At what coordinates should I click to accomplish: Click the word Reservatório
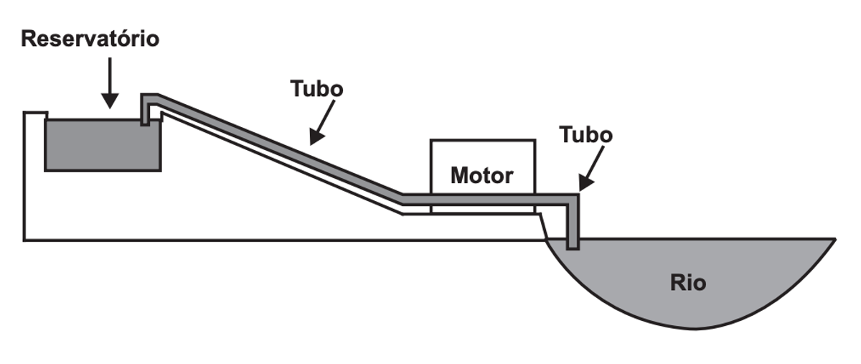[x=90, y=39]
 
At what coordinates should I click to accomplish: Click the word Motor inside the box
[x=481, y=175]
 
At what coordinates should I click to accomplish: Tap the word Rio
[x=688, y=283]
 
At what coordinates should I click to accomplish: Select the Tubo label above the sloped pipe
[x=316, y=89]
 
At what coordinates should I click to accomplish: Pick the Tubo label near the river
[x=585, y=135]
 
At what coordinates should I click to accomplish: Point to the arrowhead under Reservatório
[x=110, y=101]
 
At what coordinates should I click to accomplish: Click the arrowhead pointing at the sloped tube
[x=316, y=137]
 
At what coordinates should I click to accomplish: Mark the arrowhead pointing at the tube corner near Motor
[x=585, y=183]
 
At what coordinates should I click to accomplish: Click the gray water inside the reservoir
[x=103, y=145]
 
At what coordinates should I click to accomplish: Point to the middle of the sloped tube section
[x=280, y=148]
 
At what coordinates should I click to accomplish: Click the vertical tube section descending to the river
[x=573, y=221]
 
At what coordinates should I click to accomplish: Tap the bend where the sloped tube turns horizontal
[x=403, y=199]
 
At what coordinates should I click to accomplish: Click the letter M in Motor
[x=459, y=175]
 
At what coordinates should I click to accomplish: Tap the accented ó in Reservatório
[x=136, y=39]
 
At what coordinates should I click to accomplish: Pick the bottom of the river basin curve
[x=695, y=329]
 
